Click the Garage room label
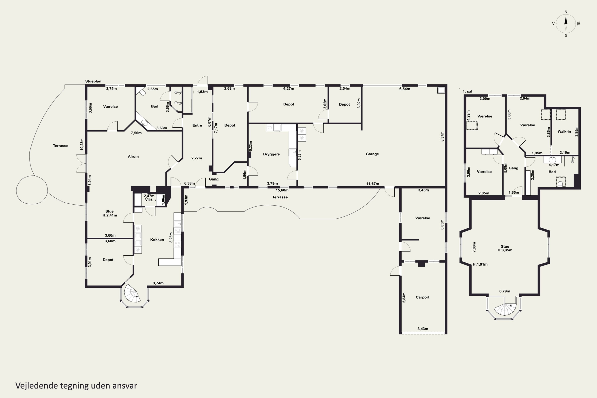tap(372, 154)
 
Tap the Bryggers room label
tap(271, 154)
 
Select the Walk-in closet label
tap(564, 131)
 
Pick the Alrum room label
tap(133, 156)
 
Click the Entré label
tap(197, 125)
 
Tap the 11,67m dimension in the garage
tap(373, 183)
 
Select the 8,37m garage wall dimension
tap(442, 136)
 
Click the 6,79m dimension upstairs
tap(505, 291)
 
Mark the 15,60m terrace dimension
tap(282, 190)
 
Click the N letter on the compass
tap(566, 12)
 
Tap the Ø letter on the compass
tap(578, 23)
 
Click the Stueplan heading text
tap(93, 81)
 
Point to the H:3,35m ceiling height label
tap(505, 250)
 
